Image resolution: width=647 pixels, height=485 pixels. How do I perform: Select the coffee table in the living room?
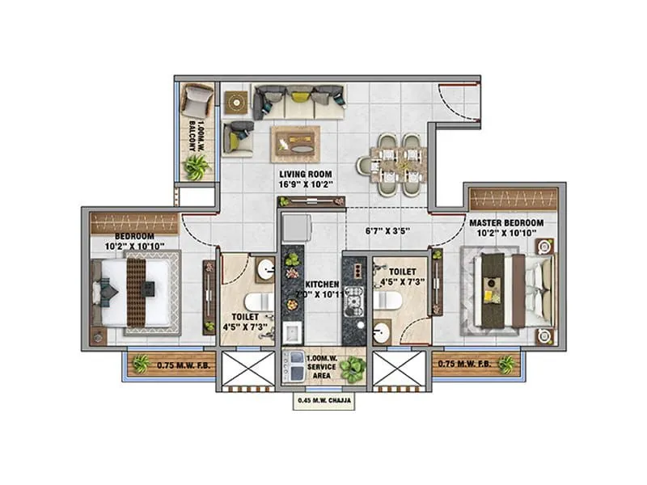click(x=294, y=144)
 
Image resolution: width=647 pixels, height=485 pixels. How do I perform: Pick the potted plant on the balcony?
click(x=196, y=167)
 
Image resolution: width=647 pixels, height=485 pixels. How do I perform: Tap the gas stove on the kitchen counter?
click(x=353, y=303)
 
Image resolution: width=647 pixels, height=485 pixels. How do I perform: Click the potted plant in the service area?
click(x=351, y=369)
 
